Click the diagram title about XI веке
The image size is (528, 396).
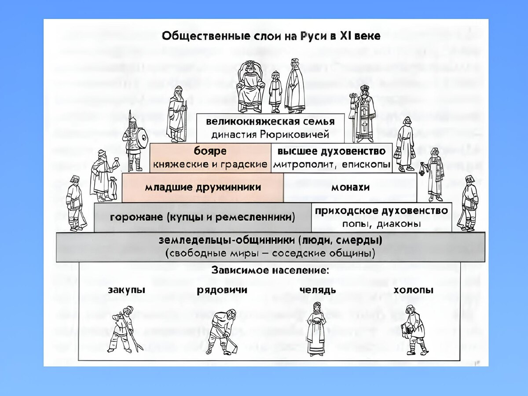pyautogui.click(x=271, y=36)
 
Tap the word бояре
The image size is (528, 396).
pyautogui.click(x=210, y=151)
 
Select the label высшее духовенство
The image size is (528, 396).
pyautogui.click(x=331, y=151)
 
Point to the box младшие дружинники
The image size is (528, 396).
pyautogui.click(x=203, y=187)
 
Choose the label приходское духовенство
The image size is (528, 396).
pyautogui.click(x=381, y=211)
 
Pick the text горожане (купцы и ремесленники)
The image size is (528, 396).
pyautogui.click(x=202, y=217)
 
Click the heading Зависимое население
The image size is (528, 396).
pyautogui.click(x=270, y=271)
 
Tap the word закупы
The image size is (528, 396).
pyautogui.click(x=126, y=290)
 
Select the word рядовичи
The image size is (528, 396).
pyautogui.click(x=222, y=290)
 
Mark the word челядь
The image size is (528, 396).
pyautogui.click(x=318, y=290)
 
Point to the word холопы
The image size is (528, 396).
pyautogui.click(x=413, y=290)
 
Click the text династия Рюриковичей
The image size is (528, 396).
pyautogui.click(x=270, y=133)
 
